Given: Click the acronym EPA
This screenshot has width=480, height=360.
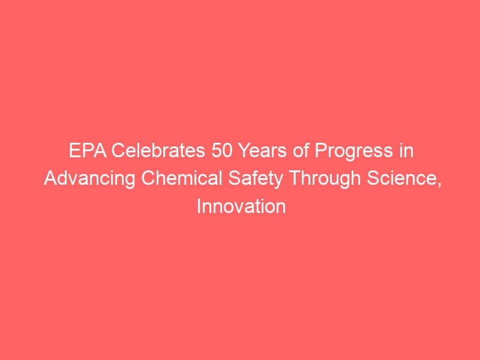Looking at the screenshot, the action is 88,151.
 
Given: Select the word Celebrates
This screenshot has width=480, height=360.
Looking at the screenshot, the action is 158,151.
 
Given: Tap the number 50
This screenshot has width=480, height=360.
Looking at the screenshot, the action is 222,151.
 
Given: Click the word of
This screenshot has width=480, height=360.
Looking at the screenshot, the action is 301,151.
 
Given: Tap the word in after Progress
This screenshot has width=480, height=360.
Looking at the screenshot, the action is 406,151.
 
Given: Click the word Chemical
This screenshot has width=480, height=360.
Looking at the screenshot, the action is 182,178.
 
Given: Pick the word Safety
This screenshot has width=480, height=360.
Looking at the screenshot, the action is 256,179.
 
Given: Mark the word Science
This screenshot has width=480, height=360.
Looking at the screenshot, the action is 402,178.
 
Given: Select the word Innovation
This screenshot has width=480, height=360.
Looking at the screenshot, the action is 241,206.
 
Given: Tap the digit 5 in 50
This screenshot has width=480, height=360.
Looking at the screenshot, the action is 217,151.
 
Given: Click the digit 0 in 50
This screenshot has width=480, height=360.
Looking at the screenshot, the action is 227,151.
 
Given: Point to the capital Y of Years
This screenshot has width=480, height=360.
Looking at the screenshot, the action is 244,151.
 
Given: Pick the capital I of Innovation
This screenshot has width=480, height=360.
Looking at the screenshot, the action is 199,206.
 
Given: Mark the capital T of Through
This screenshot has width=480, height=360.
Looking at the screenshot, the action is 295,178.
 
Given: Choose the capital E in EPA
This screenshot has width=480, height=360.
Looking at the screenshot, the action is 74,151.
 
